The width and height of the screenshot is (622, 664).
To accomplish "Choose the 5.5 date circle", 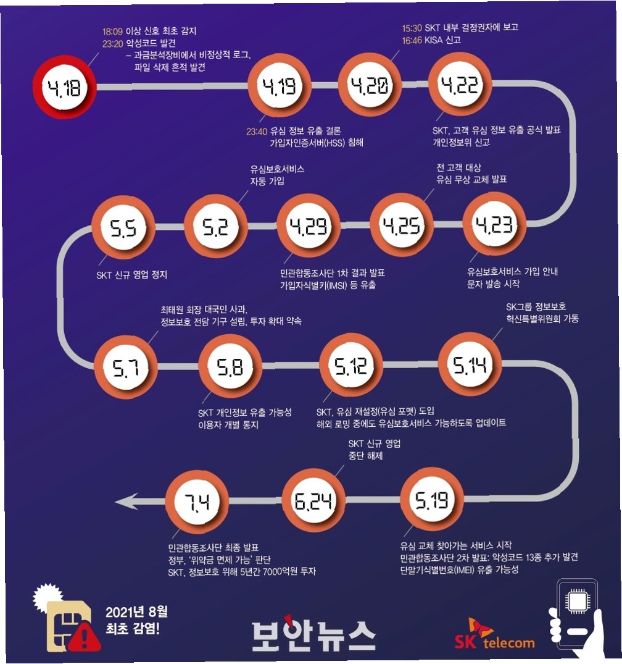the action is (123, 230).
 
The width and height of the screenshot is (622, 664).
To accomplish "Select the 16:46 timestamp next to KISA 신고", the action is (413, 40).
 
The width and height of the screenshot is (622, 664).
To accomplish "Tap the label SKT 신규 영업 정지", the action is (131, 275).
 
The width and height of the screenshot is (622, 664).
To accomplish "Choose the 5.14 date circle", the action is (470, 367).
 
